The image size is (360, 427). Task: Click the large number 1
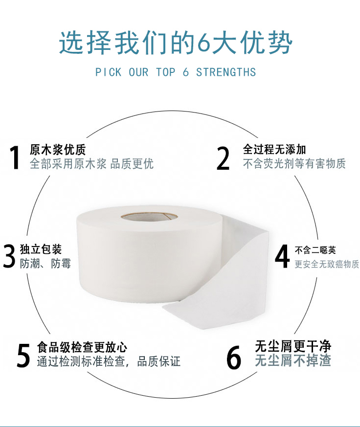pos(15,157)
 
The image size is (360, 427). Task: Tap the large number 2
pos(223,158)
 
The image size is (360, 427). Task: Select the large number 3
pos(9,256)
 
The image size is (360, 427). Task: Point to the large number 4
pos(282,256)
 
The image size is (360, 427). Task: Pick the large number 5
pos(23,355)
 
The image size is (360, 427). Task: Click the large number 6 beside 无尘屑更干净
pos(234,357)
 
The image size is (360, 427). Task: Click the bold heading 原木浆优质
pos(58,150)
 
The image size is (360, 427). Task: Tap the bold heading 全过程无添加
pos(274,149)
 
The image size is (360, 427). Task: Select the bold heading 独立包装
pos(41,249)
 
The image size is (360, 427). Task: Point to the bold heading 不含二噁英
pos(315,250)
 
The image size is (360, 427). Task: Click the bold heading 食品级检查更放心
pos(82,347)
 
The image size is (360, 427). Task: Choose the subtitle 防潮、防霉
pos(45,264)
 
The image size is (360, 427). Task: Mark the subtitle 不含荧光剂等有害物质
pos(294,163)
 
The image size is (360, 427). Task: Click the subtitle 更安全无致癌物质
pos(327,264)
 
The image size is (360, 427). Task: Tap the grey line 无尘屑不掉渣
pos(293,360)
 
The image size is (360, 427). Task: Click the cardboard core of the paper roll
pos(149,218)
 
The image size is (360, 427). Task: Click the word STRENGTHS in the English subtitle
pos(226,72)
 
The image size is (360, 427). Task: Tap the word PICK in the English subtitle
pos(108,72)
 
